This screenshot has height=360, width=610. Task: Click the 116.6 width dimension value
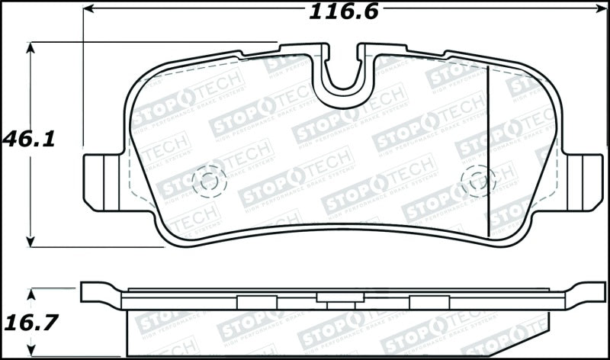point(343,12)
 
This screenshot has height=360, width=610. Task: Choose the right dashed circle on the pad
point(478,181)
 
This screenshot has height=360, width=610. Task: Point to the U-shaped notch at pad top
point(343,76)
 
